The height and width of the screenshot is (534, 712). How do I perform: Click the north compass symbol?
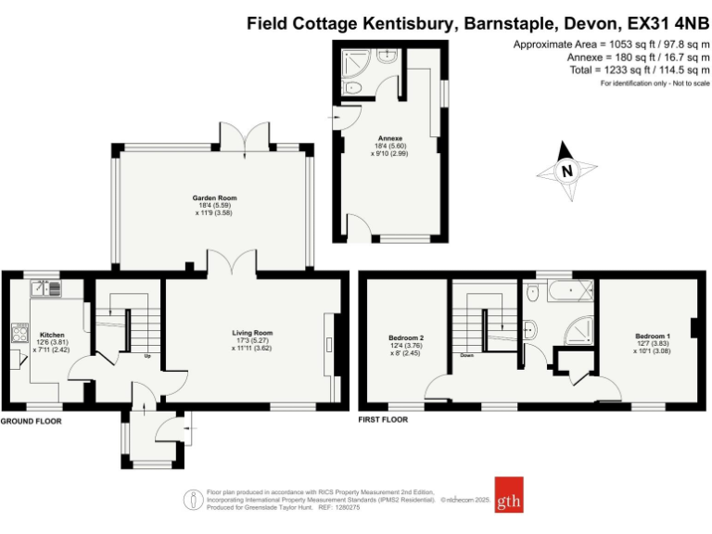[567, 171]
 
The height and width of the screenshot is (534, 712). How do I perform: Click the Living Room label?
[252, 332]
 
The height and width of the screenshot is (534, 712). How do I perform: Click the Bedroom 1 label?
[653, 336]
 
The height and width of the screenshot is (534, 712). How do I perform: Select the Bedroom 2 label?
[407, 337]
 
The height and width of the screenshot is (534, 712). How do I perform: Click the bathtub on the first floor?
[566, 293]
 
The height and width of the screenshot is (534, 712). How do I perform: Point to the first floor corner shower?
[581, 328]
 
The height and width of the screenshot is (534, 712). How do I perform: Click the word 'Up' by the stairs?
[147, 355]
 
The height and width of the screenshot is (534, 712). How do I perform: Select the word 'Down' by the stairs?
[469, 355]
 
